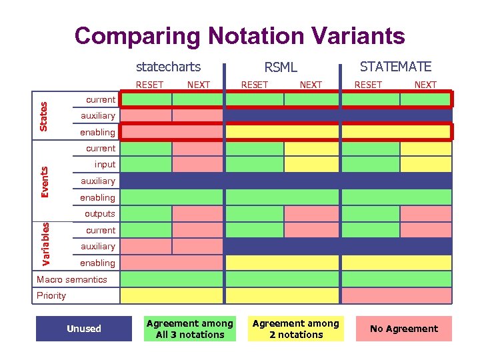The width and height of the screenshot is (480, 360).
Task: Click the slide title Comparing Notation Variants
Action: click(x=239, y=35)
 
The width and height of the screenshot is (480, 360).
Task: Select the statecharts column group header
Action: click(x=168, y=66)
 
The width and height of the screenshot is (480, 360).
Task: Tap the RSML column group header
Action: click(x=281, y=67)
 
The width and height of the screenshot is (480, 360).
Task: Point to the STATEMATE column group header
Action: click(x=395, y=66)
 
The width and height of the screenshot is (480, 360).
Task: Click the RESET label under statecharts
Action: click(x=149, y=85)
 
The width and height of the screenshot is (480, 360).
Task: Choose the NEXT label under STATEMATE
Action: click(x=425, y=85)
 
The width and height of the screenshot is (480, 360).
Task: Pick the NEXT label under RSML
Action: click(x=311, y=85)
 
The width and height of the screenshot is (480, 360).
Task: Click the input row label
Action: click(x=105, y=165)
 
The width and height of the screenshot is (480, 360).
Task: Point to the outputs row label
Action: click(x=100, y=214)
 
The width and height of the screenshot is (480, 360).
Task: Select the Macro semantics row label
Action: click(x=72, y=279)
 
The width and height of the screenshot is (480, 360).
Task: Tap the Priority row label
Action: click(x=51, y=295)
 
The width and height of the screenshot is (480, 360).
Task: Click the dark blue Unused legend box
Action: click(x=84, y=329)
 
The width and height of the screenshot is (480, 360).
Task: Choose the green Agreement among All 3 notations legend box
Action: click(x=190, y=329)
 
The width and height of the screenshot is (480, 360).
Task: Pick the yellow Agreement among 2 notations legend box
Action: click(x=296, y=329)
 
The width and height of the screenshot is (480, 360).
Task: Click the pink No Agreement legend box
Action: click(x=403, y=329)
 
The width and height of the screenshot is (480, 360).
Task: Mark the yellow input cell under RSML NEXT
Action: click(x=311, y=165)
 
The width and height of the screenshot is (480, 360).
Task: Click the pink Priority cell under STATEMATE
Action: click(x=396, y=295)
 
